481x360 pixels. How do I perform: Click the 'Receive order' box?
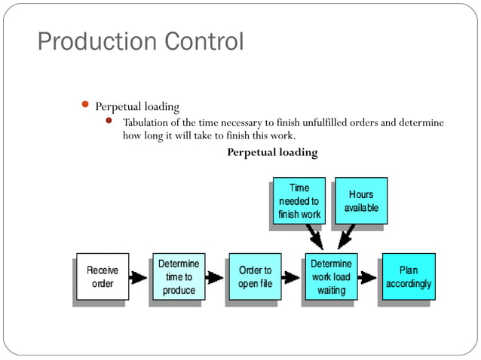[x=102, y=276]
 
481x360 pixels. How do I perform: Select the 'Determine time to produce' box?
[x=179, y=276]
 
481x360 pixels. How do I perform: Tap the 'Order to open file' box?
[x=255, y=276]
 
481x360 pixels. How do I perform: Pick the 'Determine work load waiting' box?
[x=330, y=276]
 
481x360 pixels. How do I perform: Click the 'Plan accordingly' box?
[x=408, y=276]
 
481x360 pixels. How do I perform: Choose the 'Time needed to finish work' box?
[x=299, y=201]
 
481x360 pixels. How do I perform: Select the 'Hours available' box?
[x=360, y=200]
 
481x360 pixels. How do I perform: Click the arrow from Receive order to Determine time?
[x=138, y=277]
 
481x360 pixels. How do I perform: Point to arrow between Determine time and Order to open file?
[x=215, y=277]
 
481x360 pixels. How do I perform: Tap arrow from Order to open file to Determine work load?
[x=291, y=277]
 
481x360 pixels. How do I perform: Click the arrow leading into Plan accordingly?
[x=367, y=277]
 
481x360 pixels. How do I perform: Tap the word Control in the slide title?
[x=201, y=41]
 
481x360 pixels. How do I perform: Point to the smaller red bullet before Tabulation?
[x=109, y=121]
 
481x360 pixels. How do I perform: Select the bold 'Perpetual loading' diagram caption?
[x=272, y=153]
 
